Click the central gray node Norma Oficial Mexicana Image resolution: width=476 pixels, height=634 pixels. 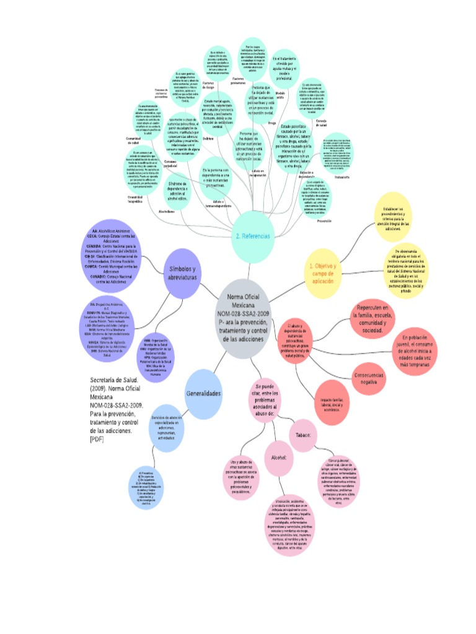tap(243, 318)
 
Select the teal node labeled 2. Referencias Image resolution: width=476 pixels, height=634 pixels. tap(252, 236)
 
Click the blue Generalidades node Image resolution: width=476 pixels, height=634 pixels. tap(203, 393)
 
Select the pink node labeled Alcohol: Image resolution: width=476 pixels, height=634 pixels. tap(278, 458)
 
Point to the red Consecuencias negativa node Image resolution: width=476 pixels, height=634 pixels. tap(368, 379)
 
